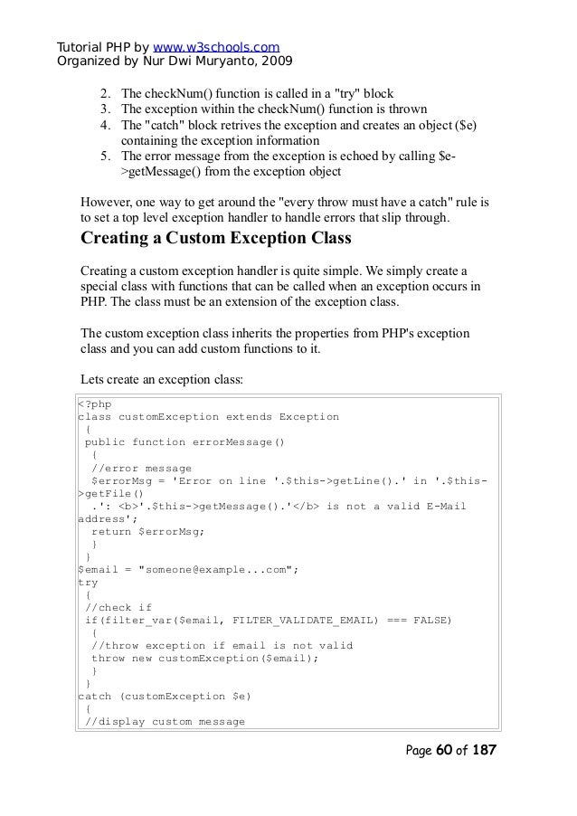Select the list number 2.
click(x=105, y=93)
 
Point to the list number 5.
click(x=105, y=156)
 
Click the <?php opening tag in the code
click(x=95, y=403)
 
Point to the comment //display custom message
click(x=165, y=721)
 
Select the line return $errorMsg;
click(x=148, y=531)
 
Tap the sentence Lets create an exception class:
click(x=163, y=380)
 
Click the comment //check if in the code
click(x=117, y=607)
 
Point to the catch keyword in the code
click(x=96, y=696)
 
